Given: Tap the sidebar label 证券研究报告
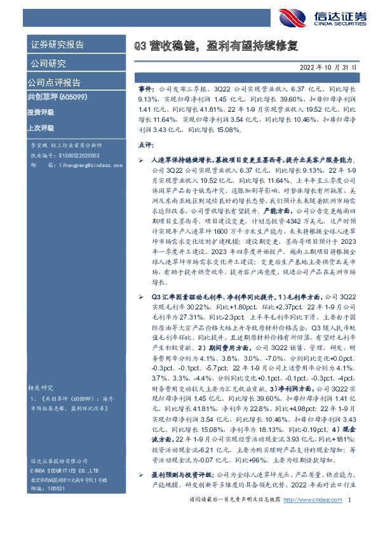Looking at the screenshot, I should click(57, 44).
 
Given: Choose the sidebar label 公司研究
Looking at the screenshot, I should click(48, 64).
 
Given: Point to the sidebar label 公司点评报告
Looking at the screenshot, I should click(53, 83).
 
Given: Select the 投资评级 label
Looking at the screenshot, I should click(40, 112).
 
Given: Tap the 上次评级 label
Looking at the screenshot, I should click(40, 127).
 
